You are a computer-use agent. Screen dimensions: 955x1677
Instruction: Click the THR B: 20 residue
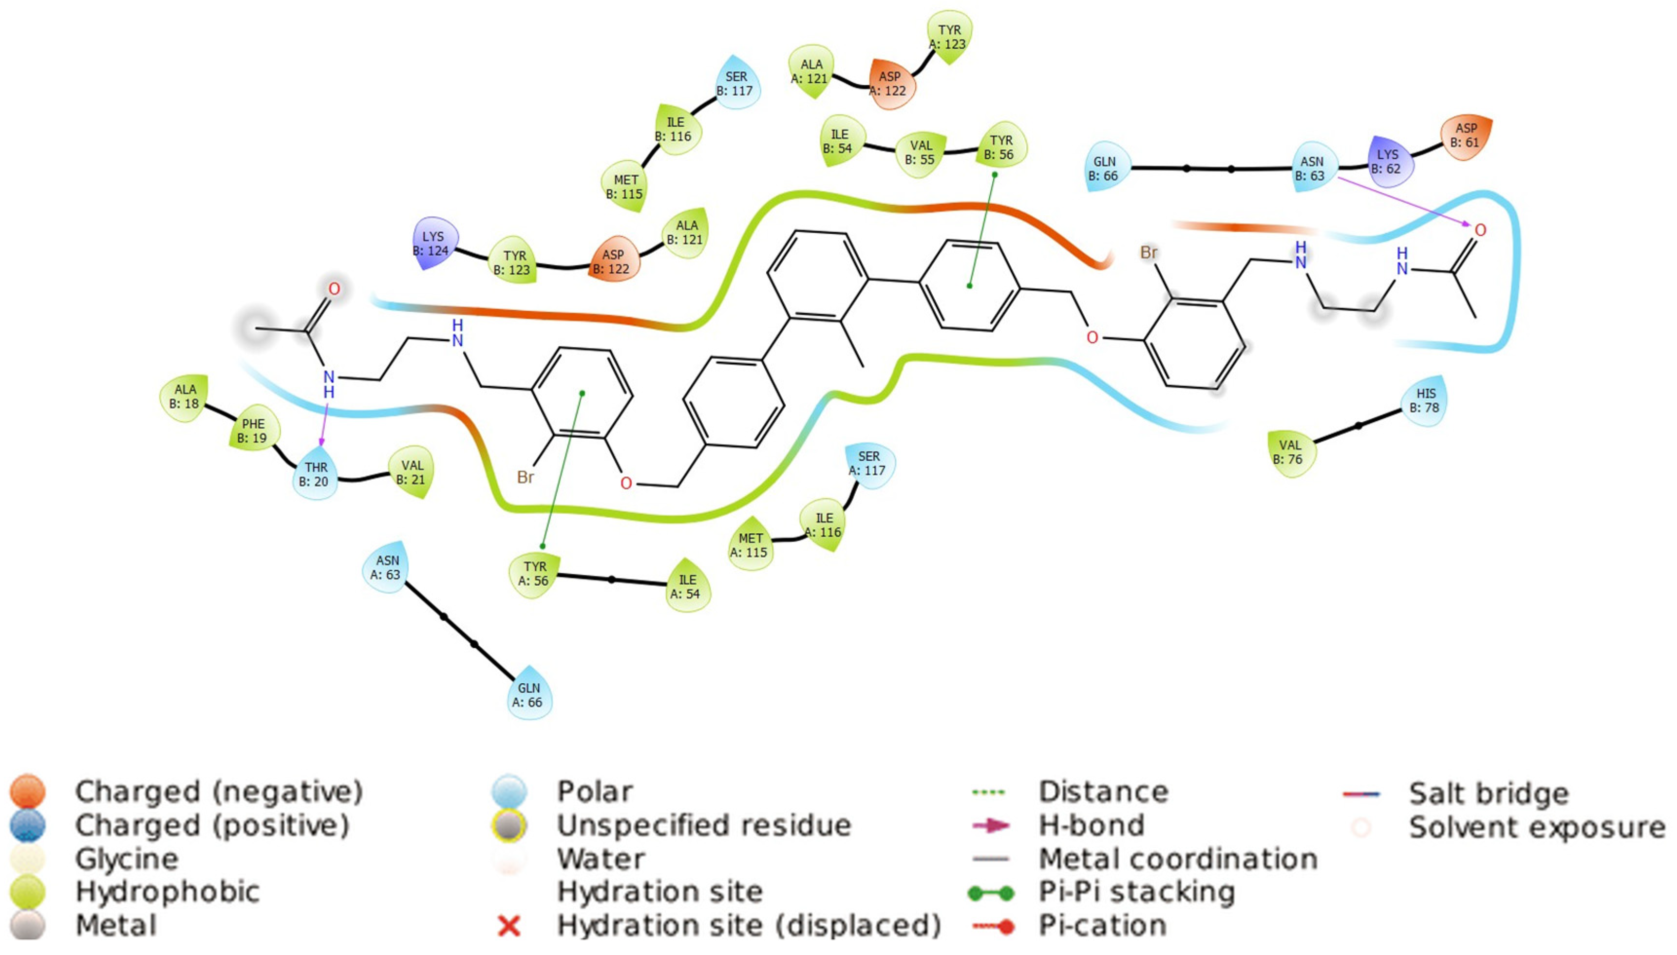[x=316, y=474]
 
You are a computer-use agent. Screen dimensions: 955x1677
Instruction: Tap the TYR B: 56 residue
[x=1001, y=148]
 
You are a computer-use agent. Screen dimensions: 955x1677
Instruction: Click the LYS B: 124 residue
[x=433, y=243]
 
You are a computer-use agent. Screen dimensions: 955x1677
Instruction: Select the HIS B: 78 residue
[x=1425, y=400]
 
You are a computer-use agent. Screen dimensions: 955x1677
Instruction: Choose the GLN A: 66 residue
[x=528, y=695]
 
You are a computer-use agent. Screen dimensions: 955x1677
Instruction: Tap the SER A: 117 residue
[x=868, y=463]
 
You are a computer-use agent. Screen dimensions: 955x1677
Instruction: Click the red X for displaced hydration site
[x=509, y=926]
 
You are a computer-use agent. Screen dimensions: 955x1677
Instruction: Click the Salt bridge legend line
[x=1361, y=794]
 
